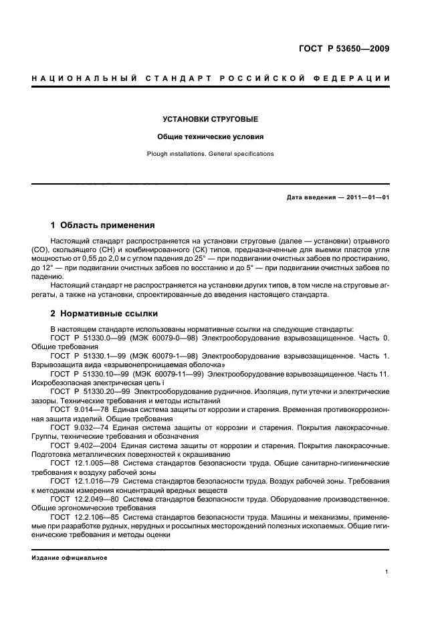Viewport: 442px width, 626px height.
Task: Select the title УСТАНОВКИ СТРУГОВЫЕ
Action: click(x=211, y=119)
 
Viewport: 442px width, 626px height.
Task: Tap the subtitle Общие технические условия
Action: click(x=211, y=136)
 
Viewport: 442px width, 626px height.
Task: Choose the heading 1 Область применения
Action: click(x=103, y=225)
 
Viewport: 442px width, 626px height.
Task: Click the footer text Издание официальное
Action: click(x=70, y=558)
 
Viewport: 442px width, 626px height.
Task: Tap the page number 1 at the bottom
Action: click(x=387, y=572)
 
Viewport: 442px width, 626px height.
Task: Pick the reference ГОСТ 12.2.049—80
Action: click(x=82, y=498)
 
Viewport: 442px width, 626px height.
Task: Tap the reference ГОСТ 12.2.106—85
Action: click(x=82, y=516)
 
